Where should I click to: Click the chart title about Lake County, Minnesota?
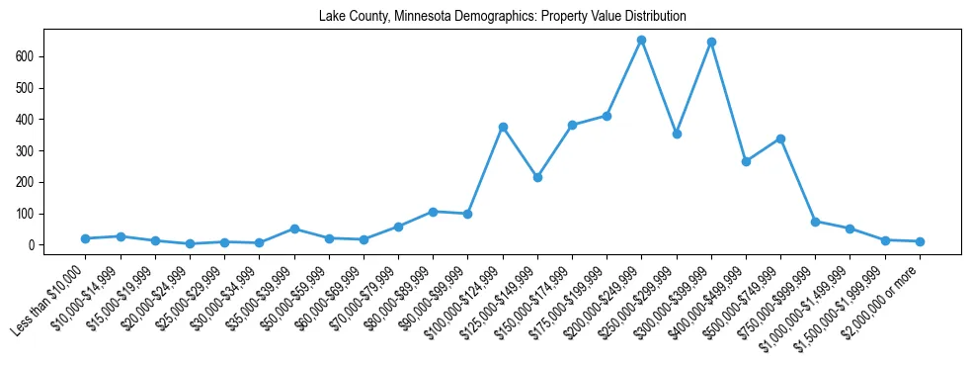(x=502, y=17)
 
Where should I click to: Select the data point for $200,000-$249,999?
(x=641, y=41)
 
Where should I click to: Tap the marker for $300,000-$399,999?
(x=711, y=43)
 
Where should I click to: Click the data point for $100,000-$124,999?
(x=503, y=127)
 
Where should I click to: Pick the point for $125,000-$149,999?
(x=537, y=177)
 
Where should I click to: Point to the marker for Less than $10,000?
(x=86, y=238)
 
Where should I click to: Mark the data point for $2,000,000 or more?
(x=920, y=241)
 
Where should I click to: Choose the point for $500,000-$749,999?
(x=780, y=138)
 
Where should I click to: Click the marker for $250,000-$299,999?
(x=677, y=134)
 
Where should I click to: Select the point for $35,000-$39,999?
(x=294, y=229)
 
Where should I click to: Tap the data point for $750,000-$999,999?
(x=815, y=222)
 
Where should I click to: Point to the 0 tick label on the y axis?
(x=33, y=245)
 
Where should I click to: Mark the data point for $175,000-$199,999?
(x=607, y=116)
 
